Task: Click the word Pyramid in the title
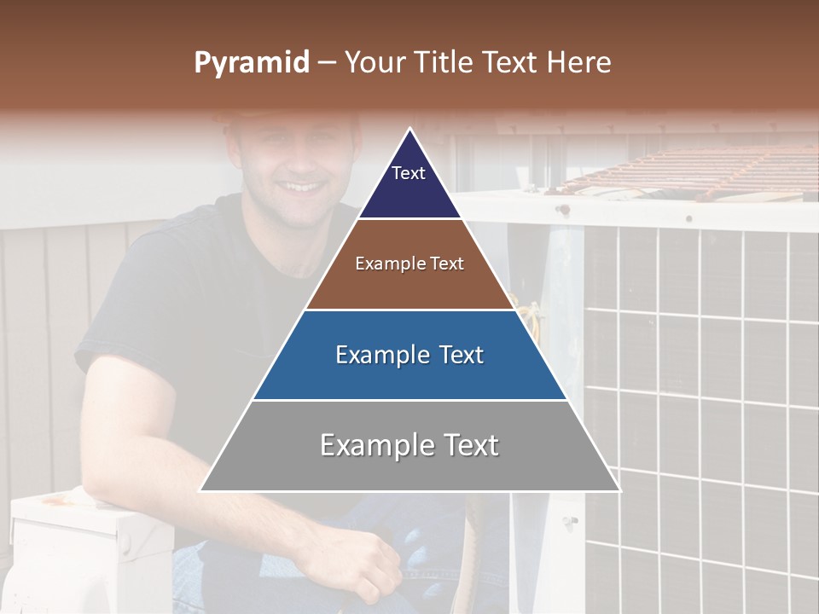tap(251, 63)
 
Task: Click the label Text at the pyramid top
tap(408, 173)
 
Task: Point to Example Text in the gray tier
tap(409, 444)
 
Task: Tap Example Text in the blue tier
tap(409, 354)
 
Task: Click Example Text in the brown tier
tap(409, 264)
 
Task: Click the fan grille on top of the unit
tap(682, 171)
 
